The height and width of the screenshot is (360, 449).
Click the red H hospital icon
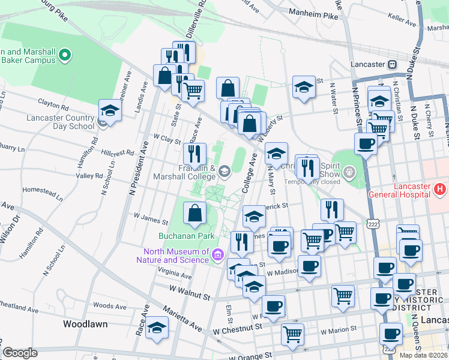point(440,190)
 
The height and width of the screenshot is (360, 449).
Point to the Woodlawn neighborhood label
point(85,324)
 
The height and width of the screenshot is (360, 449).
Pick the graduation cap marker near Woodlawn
point(157,328)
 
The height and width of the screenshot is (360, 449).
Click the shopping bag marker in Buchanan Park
point(195,214)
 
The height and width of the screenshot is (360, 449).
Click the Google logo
point(20,353)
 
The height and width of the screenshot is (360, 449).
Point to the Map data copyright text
point(423,355)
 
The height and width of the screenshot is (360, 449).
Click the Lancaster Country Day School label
point(60,122)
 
